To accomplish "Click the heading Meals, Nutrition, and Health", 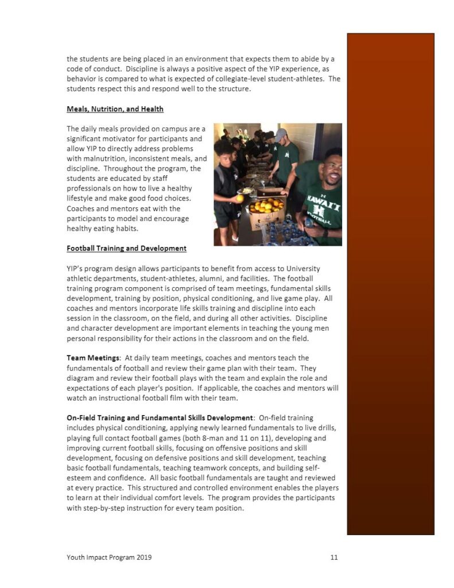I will [115, 109].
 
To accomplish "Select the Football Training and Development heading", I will [126, 248].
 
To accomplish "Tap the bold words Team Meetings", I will [90, 358].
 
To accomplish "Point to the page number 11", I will [334, 557].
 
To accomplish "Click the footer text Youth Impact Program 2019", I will [109, 557].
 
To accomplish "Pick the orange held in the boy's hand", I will [239, 198].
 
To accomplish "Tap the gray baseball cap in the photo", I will [280, 136].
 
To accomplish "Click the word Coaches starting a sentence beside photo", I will [82, 208].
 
